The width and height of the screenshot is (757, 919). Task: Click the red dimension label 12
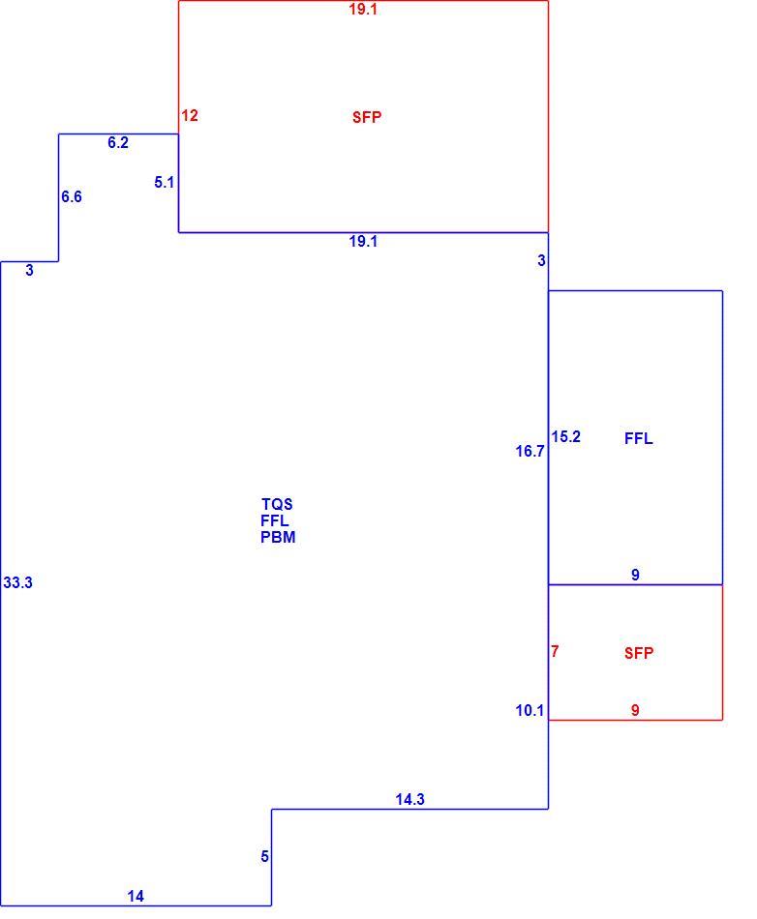pyautogui.click(x=190, y=115)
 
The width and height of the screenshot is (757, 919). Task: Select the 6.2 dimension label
pyautogui.click(x=118, y=142)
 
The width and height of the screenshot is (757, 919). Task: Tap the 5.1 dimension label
pyautogui.click(x=165, y=182)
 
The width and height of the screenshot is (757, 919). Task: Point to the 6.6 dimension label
pyautogui.click(x=72, y=197)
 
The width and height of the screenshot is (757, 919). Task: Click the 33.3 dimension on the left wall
pyautogui.click(x=17, y=582)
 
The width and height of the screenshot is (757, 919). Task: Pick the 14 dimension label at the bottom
pyautogui.click(x=136, y=896)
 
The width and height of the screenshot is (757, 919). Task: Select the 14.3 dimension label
pyautogui.click(x=409, y=799)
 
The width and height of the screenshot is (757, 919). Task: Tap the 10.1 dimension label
pyautogui.click(x=530, y=710)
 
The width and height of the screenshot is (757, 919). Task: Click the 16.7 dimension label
pyautogui.click(x=530, y=451)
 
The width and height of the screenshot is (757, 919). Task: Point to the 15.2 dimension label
pyautogui.click(x=566, y=436)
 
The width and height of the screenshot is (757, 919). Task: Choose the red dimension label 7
pyautogui.click(x=555, y=651)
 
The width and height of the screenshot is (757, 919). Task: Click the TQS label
pyautogui.click(x=277, y=504)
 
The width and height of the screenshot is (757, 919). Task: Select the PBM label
pyautogui.click(x=278, y=537)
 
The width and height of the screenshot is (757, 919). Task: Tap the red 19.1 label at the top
pyautogui.click(x=363, y=9)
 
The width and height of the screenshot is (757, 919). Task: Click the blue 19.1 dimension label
pyautogui.click(x=363, y=241)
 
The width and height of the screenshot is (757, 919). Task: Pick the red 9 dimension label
pyautogui.click(x=635, y=710)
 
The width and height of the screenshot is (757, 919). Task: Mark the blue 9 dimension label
pyautogui.click(x=635, y=575)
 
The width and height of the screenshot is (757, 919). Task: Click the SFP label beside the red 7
pyautogui.click(x=639, y=653)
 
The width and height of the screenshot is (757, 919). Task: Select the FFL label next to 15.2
pyautogui.click(x=639, y=438)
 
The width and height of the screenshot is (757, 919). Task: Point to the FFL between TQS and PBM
pyautogui.click(x=274, y=520)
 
